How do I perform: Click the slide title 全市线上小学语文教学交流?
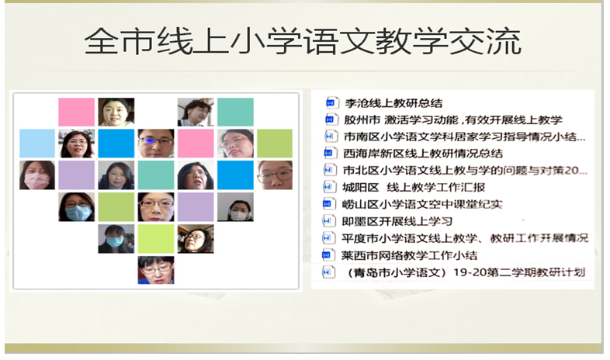coord(303,41)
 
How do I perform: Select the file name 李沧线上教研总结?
coord(393,103)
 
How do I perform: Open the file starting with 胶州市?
coord(452,119)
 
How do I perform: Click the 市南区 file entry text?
coord(465,137)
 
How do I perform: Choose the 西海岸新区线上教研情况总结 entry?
coord(423,153)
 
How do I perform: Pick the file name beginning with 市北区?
coord(465,170)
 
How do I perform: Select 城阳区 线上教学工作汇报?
coord(414,187)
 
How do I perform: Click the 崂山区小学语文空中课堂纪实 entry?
coord(422,204)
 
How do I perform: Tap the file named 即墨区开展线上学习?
coord(397,221)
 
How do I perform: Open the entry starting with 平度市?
coord(465,237)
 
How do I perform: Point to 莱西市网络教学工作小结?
coord(409,255)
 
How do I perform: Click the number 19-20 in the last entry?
coord(470,272)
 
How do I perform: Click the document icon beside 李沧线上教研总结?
coord(331,102)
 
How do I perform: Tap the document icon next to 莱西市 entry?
coord(327,255)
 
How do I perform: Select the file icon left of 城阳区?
coord(328,187)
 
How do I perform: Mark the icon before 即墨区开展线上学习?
coord(328,221)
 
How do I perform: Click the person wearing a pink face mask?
coord(37,175)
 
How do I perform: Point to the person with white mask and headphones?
coord(235,207)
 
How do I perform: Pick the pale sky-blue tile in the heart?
coord(37,144)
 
